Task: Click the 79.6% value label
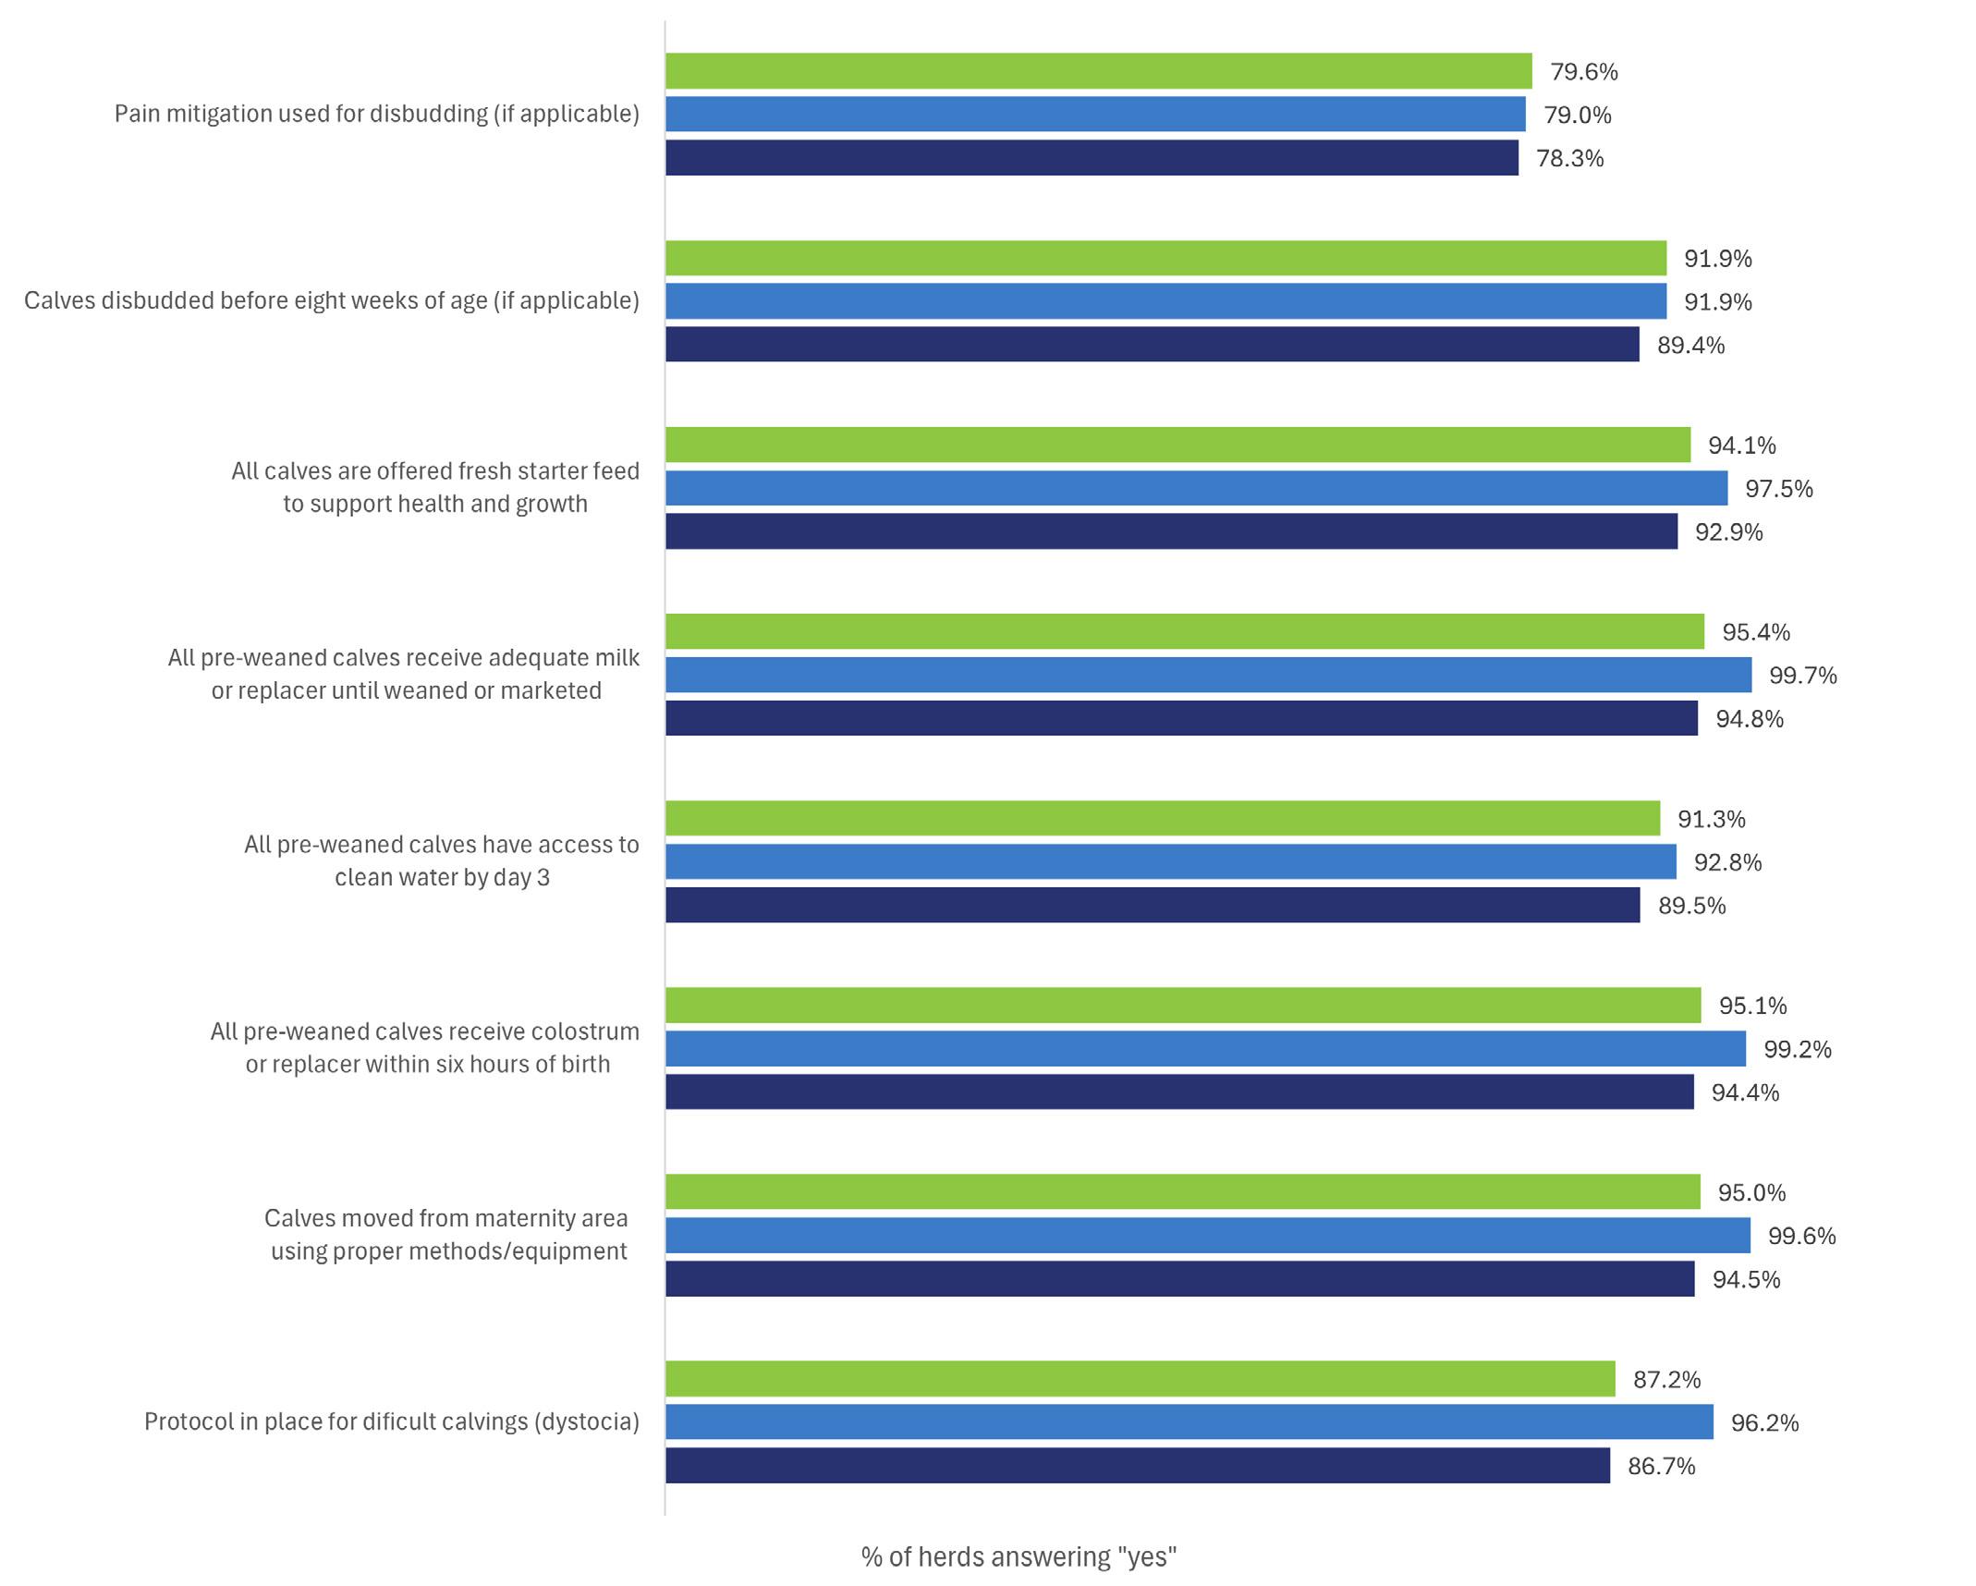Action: coord(1583,72)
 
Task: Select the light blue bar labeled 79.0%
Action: coord(1095,115)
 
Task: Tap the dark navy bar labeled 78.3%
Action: coord(1092,158)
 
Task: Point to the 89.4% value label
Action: coord(1690,346)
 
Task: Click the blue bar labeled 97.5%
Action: coord(1196,488)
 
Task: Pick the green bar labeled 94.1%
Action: coord(1177,445)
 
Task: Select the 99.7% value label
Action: coord(1802,676)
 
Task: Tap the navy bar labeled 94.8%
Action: coord(1181,718)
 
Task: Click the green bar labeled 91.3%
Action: coord(1163,818)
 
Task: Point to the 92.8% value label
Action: coord(1727,862)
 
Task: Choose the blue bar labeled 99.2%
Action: coord(1205,1049)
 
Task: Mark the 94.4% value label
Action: coord(1745,1092)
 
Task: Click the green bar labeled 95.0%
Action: coord(1182,1191)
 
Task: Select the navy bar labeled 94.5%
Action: coord(1179,1278)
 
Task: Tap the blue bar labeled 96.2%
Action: coord(1189,1421)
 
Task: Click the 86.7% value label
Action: coord(1661,1466)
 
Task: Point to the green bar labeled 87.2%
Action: coord(1140,1378)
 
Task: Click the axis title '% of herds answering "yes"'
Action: coord(1018,1556)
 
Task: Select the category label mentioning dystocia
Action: coord(391,1421)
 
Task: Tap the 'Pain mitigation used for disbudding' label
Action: coord(376,114)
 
